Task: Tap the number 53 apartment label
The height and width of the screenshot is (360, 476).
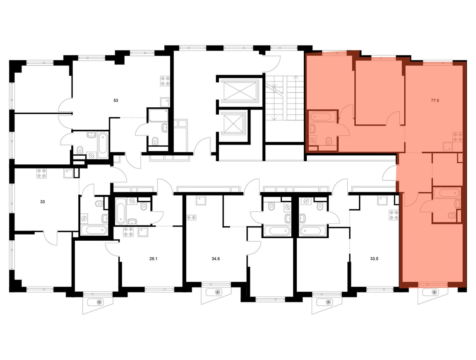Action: pos(116,100)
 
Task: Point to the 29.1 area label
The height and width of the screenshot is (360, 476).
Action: pos(153,259)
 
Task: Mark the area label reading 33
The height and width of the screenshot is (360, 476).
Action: pos(42,202)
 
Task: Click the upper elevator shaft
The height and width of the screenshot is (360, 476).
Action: pos(240,90)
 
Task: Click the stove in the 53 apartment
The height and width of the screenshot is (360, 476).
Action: pos(166,81)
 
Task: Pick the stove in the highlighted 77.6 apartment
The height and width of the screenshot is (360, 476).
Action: pos(457,137)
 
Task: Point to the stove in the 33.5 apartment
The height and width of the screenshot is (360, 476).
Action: pos(394,215)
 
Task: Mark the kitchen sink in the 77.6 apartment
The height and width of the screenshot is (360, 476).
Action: pos(447,145)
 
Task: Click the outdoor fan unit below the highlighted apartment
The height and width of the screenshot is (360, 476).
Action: pos(433,293)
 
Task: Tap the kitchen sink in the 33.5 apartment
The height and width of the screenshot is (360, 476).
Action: pos(381,201)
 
